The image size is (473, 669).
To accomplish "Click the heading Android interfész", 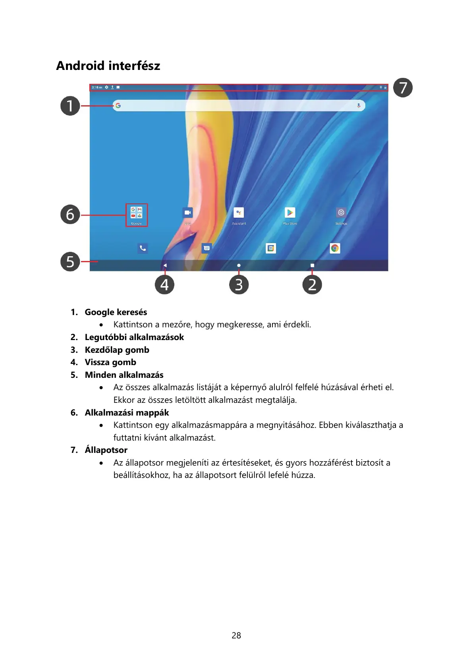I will (x=108, y=66).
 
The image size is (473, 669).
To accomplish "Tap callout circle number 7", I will (x=403, y=88).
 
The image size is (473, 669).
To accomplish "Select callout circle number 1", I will (x=70, y=106).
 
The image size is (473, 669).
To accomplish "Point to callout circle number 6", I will (x=70, y=215).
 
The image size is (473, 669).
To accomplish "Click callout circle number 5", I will (x=70, y=262).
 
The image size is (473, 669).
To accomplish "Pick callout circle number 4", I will (x=164, y=285).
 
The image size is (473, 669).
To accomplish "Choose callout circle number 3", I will (x=239, y=285).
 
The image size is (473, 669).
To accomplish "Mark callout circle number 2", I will (x=312, y=285).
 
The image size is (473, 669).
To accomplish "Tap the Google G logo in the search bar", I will (x=118, y=106).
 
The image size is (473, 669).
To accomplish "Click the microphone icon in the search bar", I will (x=359, y=106).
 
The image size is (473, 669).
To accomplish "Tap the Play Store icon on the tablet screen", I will (x=290, y=213).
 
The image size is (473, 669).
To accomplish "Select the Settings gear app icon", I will (x=341, y=213).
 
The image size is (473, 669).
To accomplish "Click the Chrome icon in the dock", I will (x=335, y=248).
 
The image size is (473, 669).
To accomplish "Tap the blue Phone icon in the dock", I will (x=143, y=248).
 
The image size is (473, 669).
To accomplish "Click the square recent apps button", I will (x=312, y=265).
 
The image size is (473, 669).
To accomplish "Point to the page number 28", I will (x=236, y=635).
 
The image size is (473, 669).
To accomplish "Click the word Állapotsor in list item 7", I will (x=106, y=450).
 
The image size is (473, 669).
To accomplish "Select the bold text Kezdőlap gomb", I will (x=117, y=350).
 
